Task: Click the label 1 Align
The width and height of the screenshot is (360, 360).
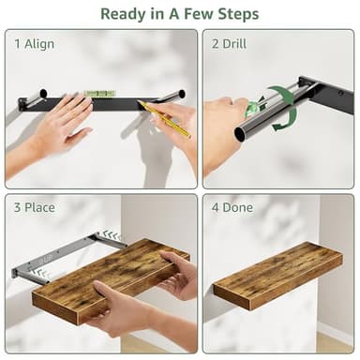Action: click(35, 44)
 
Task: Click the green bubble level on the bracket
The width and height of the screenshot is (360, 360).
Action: click(97, 94)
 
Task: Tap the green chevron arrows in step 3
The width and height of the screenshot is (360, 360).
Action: click(111, 235)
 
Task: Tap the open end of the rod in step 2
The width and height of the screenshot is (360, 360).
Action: click(242, 132)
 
